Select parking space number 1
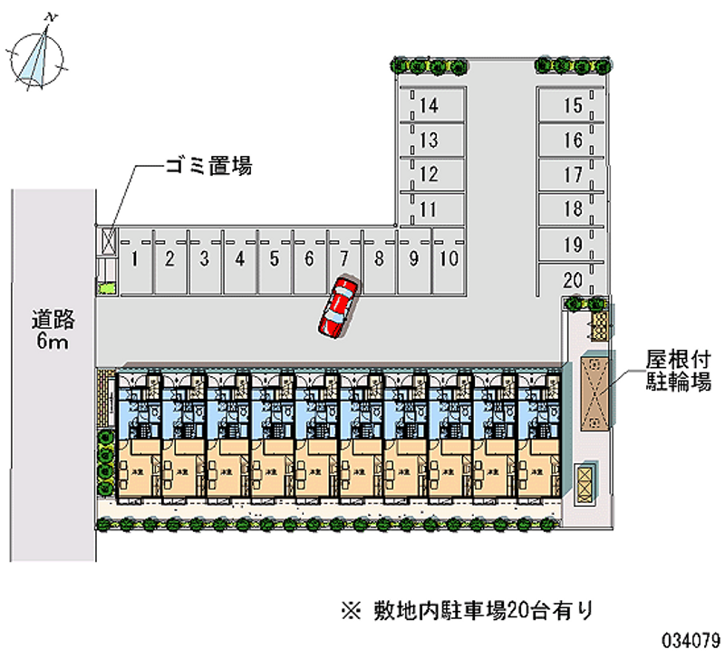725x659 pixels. tap(134, 260)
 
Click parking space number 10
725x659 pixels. tap(448, 258)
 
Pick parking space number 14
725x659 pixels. tap(429, 106)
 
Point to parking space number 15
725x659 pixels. tap(572, 106)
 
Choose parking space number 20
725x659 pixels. tap(572, 279)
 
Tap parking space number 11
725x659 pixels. tap(429, 209)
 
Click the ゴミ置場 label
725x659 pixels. tap(208, 166)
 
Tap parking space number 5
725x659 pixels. tap(274, 260)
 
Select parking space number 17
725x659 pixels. tap(572, 175)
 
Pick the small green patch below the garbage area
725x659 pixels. tap(108, 288)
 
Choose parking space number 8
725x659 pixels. tap(379, 259)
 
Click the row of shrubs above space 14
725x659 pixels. tap(430, 66)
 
